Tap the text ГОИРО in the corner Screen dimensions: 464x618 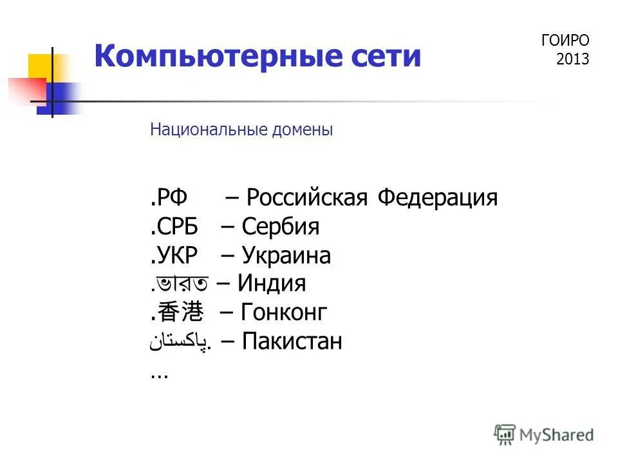565,41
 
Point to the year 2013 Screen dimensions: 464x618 573,59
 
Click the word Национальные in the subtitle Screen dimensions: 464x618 200,130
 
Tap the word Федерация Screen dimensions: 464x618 438,198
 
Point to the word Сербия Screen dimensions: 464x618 281,227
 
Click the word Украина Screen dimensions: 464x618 286,256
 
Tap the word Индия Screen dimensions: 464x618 272,284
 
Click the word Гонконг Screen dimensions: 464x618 285,313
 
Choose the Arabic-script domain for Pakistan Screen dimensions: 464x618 181,342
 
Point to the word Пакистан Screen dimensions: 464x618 292,342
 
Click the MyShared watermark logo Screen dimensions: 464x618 544,434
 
